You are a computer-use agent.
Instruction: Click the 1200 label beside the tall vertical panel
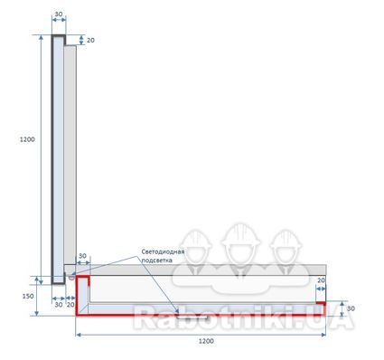(27, 139)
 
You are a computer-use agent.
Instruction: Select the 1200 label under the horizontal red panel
(206, 341)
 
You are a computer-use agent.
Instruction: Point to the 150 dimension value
(28, 296)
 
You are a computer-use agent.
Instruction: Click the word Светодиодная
(163, 251)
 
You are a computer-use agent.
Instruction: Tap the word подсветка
(157, 260)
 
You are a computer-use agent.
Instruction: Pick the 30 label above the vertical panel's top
(59, 14)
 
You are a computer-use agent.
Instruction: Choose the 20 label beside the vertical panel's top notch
(90, 40)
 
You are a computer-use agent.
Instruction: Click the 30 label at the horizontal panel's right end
(351, 308)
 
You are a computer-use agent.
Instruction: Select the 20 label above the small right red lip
(321, 280)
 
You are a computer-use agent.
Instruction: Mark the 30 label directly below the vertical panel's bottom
(59, 305)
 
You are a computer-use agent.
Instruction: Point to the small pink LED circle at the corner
(71, 277)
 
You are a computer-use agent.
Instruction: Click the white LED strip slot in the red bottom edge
(192, 317)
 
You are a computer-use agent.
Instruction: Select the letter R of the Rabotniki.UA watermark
(145, 317)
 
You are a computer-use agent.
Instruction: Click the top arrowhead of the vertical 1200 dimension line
(42, 37)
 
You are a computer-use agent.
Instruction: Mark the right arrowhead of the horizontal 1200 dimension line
(323, 335)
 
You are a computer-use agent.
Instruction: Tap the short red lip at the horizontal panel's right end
(321, 303)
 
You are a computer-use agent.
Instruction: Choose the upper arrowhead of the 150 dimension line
(37, 279)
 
